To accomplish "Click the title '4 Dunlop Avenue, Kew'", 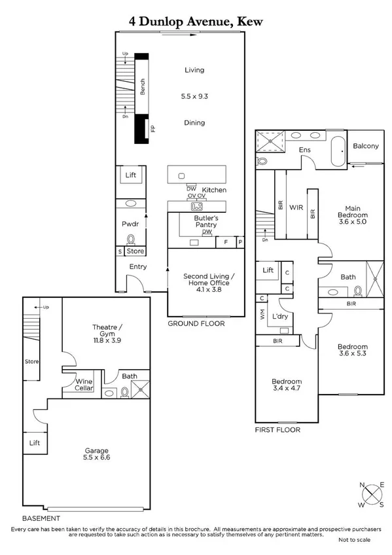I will point(196,22).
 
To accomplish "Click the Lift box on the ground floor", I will point(130,175).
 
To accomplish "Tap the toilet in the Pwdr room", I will point(130,240).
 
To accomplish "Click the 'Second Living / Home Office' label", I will point(206,280).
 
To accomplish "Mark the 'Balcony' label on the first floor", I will point(365,146).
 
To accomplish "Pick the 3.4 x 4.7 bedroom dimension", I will point(287,389).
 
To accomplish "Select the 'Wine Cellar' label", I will point(84,385).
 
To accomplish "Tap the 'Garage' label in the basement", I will point(96,450).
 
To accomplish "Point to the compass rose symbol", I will point(371,494).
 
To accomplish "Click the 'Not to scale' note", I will point(354,540).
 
